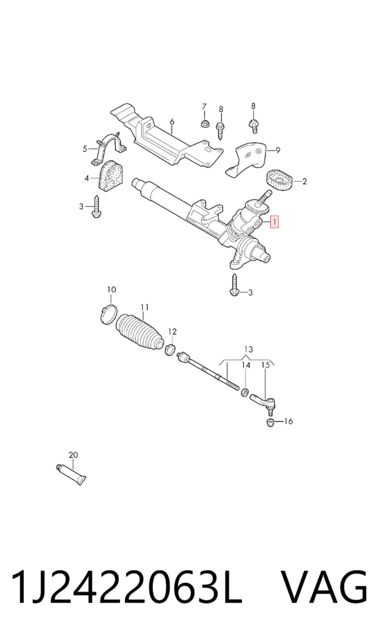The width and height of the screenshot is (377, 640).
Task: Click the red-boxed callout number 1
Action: (275, 222)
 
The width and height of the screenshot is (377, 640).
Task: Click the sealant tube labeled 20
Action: (71, 474)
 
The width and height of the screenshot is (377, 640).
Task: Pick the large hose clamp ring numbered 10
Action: (109, 314)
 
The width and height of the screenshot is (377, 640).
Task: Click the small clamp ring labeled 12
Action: (170, 350)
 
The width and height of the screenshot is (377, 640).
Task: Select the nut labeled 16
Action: (270, 422)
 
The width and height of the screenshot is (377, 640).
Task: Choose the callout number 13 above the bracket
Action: (248, 350)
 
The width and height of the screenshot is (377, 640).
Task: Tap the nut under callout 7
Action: (205, 123)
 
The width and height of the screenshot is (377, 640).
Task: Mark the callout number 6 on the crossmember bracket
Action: (172, 121)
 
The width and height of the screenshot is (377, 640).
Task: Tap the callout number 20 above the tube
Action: (74, 455)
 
